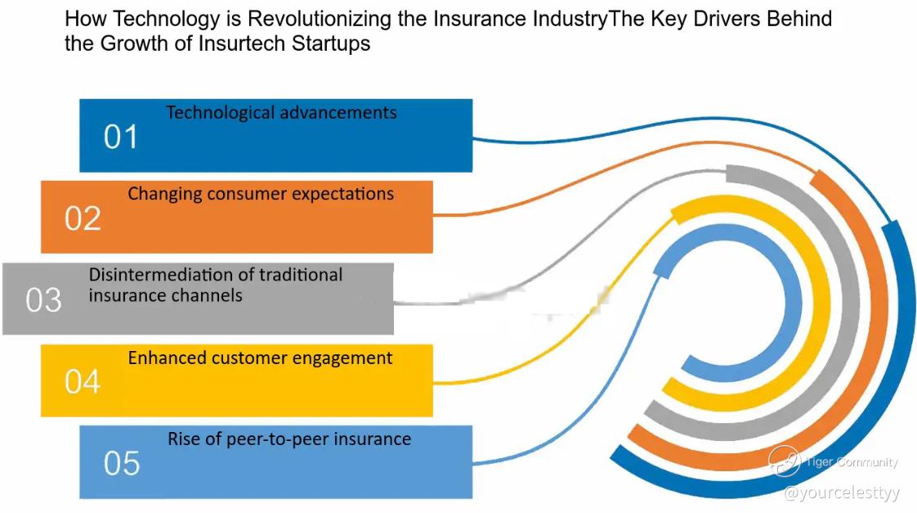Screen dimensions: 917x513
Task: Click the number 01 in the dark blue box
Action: pyautogui.click(x=121, y=137)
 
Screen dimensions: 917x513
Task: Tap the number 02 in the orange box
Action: pyautogui.click(x=83, y=218)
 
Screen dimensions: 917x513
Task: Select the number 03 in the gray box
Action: pyautogui.click(x=43, y=299)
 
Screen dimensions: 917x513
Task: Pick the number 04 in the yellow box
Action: pyautogui.click(x=83, y=381)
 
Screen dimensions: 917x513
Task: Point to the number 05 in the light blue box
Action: pyautogui.click(x=122, y=463)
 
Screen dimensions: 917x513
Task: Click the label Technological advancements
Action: pyautogui.click(x=281, y=112)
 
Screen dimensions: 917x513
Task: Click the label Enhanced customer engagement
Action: pyautogui.click(x=260, y=358)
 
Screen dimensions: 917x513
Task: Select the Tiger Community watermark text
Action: pyautogui.click(x=852, y=462)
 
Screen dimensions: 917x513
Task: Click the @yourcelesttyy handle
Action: pyautogui.click(x=842, y=493)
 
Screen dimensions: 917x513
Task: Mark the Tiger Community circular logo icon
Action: pyautogui.click(x=785, y=460)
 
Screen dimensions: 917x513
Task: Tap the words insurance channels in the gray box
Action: pyautogui.click(x=166, y=295)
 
